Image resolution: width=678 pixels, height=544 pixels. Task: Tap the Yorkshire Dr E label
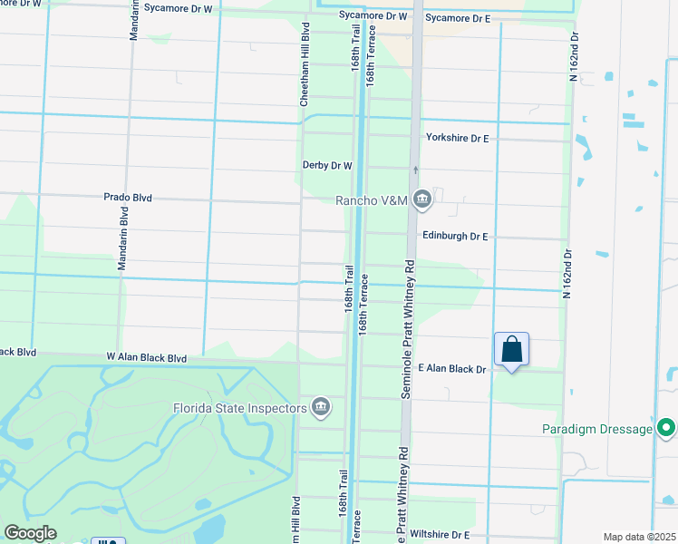(x=457, y=138)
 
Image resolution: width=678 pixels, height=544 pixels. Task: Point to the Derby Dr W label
(x=326, y=166)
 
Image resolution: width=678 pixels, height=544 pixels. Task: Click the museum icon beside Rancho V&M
(x=422, y=199)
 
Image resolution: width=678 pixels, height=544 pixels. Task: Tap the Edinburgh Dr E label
(x=455, y=236)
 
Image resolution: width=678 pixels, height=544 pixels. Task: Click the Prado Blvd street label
(x=127, y=197)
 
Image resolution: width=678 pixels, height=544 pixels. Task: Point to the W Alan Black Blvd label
(x=146, y=358)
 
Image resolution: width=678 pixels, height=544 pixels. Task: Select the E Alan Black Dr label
(x=452, y=369)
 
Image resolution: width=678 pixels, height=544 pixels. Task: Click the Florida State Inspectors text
(x=240, y=408)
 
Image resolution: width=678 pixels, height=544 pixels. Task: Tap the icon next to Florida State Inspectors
(x=320, y=408)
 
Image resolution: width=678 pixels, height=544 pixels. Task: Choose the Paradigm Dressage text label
(x=598, y=429)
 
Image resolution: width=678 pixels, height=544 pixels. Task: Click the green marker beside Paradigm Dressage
(x=667, y=427)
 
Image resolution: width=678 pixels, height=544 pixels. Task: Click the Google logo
(x=30, y=533)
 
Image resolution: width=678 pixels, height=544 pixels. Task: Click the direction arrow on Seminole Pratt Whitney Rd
(x=416, y=170)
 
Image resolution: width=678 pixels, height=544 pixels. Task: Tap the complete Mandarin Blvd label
(x=122, y=238)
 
